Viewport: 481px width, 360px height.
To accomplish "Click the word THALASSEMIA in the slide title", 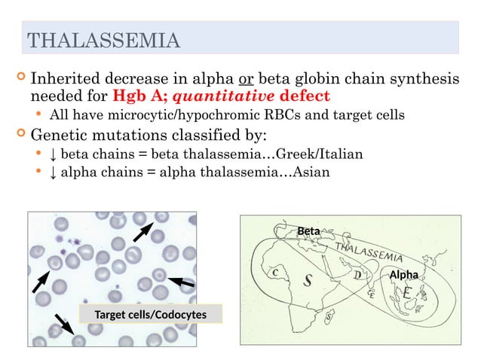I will [x=103, y=39].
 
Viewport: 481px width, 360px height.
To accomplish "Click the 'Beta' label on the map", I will [x=308, y=230].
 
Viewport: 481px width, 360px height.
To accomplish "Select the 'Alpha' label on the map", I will [x=403, y=276].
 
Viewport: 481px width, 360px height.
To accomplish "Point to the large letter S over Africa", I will [x=308, y=281].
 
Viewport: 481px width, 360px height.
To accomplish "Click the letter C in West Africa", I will [x=276, y=272].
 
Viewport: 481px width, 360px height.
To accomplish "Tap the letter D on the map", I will [x=357, y=275].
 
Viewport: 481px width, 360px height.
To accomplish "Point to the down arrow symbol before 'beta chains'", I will [x=52, y=154].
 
